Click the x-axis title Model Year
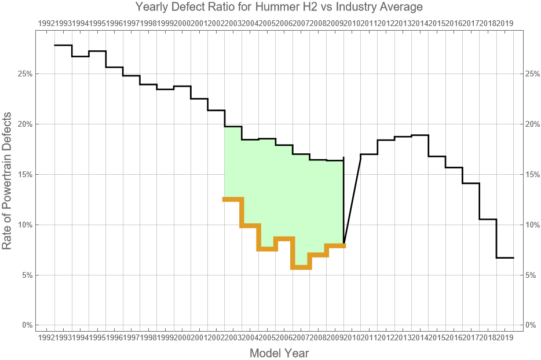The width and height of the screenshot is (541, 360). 279,352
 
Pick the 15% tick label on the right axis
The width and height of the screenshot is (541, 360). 533,175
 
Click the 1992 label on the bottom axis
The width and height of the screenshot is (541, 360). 46,337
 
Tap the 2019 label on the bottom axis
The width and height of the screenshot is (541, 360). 505,337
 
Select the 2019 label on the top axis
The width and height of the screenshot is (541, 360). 505,23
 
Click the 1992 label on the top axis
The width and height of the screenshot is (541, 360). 46,23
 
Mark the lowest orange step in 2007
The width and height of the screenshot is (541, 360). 301,267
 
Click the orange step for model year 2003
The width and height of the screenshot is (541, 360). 233,199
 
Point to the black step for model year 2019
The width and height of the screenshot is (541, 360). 505,258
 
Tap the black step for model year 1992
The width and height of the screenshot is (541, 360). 63,45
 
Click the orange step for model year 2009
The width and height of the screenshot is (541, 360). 335,245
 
